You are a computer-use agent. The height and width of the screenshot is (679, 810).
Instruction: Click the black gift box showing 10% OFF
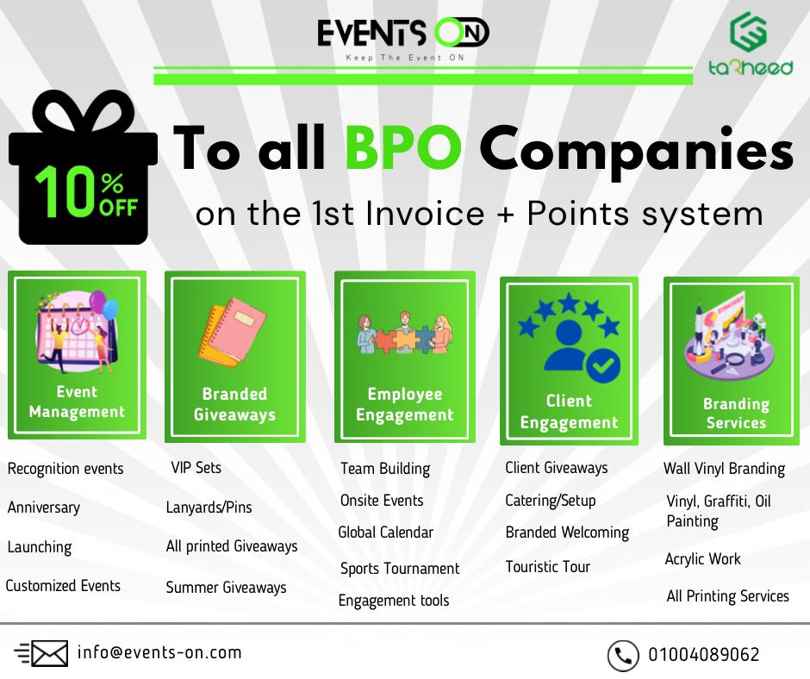[84, 167]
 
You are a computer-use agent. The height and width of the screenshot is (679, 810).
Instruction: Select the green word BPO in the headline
[403, 147]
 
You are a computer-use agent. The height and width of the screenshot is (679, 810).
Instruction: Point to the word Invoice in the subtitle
[425, 214]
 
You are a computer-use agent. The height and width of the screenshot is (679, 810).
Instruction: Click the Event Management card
[77, 355]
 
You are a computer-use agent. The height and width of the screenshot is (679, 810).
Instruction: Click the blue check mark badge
[603, 365]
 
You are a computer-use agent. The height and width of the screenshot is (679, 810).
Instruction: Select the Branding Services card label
[736, 413]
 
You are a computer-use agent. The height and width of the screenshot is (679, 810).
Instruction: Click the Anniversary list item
[44, 508]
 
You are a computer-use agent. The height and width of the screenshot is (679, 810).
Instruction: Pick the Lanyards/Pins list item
[209, 508]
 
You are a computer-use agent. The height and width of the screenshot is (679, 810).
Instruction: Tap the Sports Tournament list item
[399, 569]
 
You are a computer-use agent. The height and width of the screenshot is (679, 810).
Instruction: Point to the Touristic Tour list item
[547, 567]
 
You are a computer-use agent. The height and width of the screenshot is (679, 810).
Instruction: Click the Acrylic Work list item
[702, 559]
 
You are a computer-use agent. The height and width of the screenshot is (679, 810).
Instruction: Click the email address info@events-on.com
[159, 652]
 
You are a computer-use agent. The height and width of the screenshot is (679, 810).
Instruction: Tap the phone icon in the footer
[623, 655]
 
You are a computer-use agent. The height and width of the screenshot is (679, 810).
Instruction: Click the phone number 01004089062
[704, 655]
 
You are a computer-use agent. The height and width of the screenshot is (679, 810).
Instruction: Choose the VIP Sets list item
[196, 468]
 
